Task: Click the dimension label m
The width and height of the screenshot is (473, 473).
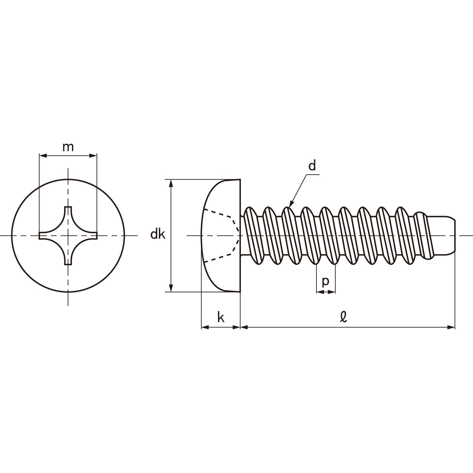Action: pyautogui.click(x=68, y=147)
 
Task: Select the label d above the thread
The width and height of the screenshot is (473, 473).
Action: pyautogui.click(x=312, y=166)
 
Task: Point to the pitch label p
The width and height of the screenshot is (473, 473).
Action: pyautogui.click(x=325, y=282)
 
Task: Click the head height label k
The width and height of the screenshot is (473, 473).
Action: pyautogui.click(x=221, y=318)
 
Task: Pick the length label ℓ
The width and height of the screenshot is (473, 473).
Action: pyautogui.click(x=343, y=317)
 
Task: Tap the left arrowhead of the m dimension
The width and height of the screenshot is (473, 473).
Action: pyautogui.click(x=43, y=155)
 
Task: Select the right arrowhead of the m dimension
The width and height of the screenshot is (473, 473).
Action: pyautogui.click(x=93, y=155)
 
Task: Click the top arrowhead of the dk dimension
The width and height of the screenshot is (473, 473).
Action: pyautogui.click(x=171, y=183)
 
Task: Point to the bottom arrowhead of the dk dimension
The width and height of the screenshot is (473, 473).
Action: pyautogui.click(x=171, y=288)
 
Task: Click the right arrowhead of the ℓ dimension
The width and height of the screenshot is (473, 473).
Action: pyautogui.click(x=451, y=327)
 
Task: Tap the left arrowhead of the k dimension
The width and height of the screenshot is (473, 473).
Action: pyautogui.click(x=205, y=327)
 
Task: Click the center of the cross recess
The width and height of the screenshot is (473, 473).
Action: pyautogui.click(x=68, y=236)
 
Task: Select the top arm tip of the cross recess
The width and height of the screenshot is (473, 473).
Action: pyautogui.click(x=68, y=207)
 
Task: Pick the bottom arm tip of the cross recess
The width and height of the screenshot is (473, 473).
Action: pyautogui.click(x=68, y=264)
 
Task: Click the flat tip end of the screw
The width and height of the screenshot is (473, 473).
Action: pyautogui.click(x=455, y=236)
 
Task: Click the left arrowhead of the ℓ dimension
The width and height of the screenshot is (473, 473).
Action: pyautogui.click(x=244, y=327)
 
